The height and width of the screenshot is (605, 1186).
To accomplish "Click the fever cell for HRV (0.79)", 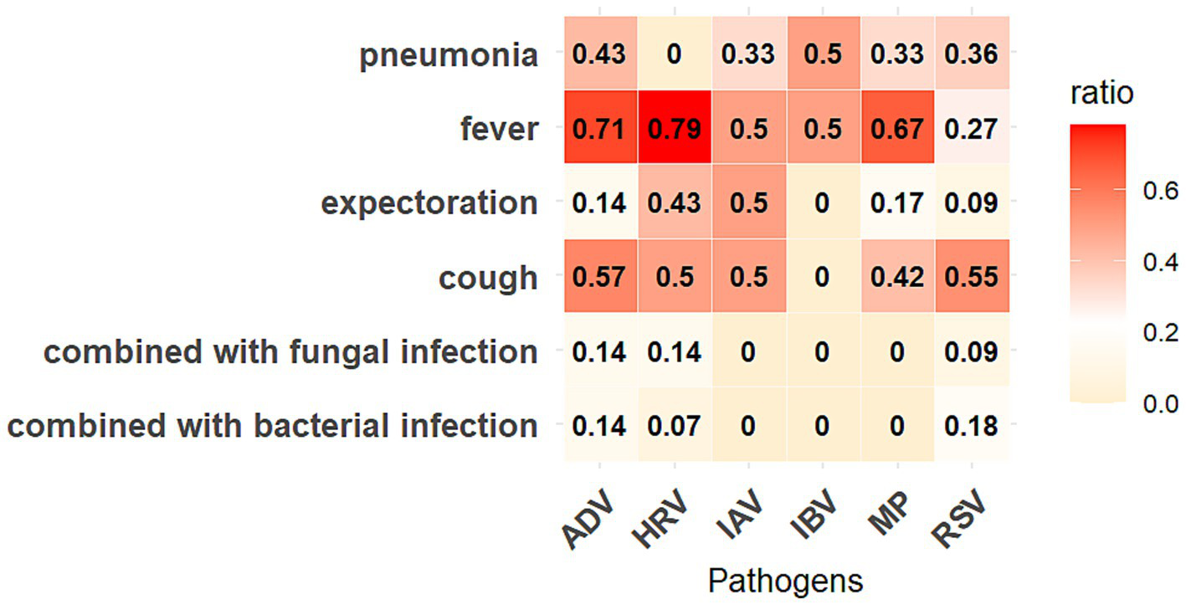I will click(674, 129).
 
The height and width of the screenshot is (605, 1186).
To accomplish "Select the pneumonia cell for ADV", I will click(599, 55).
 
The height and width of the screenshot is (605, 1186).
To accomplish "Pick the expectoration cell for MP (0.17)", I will click(896, 203).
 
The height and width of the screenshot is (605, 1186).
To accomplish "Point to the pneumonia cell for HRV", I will click(674, 55).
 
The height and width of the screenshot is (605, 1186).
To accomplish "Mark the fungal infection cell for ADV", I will click(599, 351).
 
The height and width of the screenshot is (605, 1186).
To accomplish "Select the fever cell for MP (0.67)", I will click(896, 129).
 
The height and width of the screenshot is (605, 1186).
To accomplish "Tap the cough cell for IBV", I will click(822, 277).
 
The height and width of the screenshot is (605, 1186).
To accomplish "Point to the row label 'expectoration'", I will click(429, 203).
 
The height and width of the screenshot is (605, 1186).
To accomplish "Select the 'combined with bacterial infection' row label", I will click(271, 425).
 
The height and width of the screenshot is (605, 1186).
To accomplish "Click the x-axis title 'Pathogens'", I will click(784, 579).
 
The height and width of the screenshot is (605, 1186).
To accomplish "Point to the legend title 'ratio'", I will click(1101, 93).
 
